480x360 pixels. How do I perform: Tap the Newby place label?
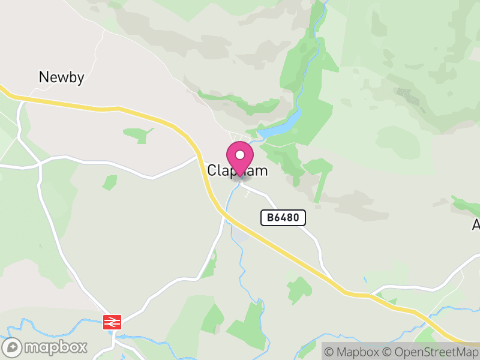tap(61, 77)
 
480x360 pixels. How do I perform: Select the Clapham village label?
tap(238, 170)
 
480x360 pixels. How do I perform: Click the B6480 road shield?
tap(283, 217)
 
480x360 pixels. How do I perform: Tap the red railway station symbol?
tap(112, 322)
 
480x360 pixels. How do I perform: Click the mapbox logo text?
tap(56, 347)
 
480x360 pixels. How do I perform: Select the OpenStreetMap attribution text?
tap(431, 352)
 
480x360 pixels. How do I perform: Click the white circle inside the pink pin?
tap(240, 155)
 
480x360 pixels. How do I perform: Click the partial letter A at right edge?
tap(476, 225)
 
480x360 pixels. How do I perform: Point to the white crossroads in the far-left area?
tap(39, 163)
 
